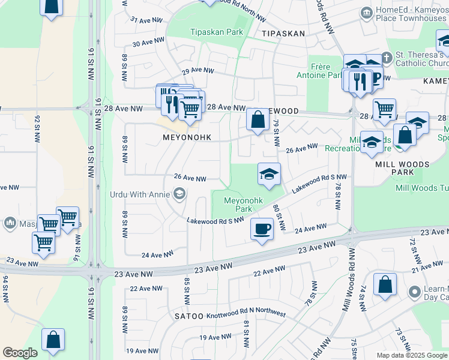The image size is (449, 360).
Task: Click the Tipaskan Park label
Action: point(216,32)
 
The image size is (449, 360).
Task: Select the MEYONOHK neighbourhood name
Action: point(187,137)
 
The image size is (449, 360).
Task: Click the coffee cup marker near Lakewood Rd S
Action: point(261,229)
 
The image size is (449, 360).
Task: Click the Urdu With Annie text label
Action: point(140,194)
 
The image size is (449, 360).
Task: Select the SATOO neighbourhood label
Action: point(188,316)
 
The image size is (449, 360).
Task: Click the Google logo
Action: point(20,353)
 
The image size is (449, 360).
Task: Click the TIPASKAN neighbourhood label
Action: point(283,34)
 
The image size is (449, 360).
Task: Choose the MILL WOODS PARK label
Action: point(402,168)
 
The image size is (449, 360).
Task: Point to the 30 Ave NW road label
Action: point(148,43)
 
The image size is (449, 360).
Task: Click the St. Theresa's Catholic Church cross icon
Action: point(387,59)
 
